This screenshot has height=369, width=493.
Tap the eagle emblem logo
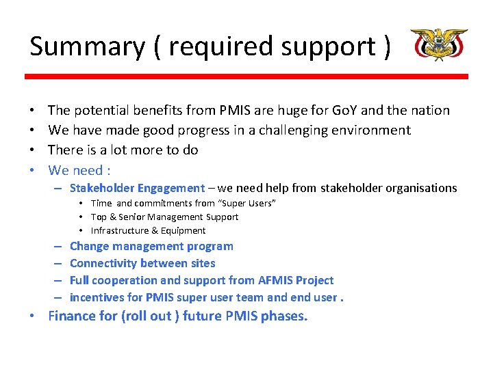(x=438, y=45)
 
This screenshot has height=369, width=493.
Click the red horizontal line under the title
(x=246, y=77)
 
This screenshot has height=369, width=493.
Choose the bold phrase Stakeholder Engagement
(x=137, y=188)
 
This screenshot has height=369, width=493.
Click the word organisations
(x=420, y=188)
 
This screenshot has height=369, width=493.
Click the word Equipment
(x=184, y=230)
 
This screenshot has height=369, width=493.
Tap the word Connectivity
(x=103, y=263)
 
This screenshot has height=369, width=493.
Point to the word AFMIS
(x=276, y=280)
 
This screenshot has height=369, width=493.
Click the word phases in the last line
(x=284, y=316)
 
